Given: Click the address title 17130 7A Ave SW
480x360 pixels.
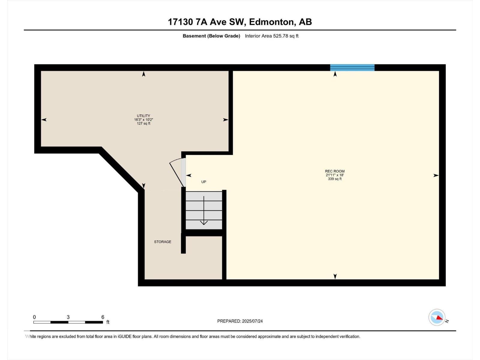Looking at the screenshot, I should pos(240,22).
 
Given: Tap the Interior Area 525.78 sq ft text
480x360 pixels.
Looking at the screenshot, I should pos(271,36).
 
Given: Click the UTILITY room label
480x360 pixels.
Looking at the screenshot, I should pos(143,116).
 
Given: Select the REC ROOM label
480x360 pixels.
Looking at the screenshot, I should pos(335,171).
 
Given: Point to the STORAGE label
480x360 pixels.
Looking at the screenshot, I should pos(163,242).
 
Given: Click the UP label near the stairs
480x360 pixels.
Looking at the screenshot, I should pos(204,182).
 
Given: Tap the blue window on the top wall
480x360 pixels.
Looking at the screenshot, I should pos(352,67).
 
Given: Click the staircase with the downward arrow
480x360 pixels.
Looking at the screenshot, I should pos(204,210).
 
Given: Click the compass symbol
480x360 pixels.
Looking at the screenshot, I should pos(437,317).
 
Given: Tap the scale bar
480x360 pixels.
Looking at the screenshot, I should pos(68,322).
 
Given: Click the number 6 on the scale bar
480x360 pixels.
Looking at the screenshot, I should pos(103,317).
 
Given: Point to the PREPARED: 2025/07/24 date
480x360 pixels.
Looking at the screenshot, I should pos(240,321).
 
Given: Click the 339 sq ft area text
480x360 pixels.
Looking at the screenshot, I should pos(335,179).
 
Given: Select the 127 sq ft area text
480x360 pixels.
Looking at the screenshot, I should pos(143,124).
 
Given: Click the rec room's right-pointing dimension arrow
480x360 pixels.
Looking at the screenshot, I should pos(436,175).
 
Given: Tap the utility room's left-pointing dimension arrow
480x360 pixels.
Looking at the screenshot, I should pos(44,120).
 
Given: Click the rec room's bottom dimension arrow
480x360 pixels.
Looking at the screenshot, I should pos(335,276).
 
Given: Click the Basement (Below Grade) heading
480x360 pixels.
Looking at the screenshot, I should pos(211,36).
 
